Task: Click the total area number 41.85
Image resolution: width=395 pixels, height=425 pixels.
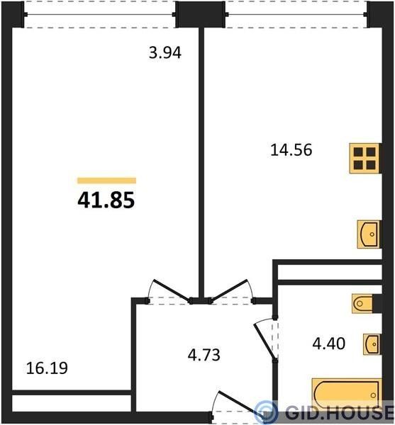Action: pyautogui.click(x=106, y=200)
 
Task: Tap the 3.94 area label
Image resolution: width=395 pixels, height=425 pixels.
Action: pyautogui.click(x=165, y=52)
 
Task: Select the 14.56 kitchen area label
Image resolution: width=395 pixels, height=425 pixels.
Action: pyautogui.click(x=291, y=150)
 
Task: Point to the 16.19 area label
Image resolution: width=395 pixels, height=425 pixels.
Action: pyautogui.click(x=47, y=368)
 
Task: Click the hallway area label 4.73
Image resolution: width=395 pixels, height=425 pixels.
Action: pyautogui.click(x=204, y=355)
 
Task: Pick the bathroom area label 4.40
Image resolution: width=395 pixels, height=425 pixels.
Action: pyautogui.click(x=329, y=344)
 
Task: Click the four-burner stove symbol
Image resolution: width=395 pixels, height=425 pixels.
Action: pyautogui.click(x=365, y=158)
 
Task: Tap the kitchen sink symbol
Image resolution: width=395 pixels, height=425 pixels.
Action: pyautogui.click(x=368, y=234)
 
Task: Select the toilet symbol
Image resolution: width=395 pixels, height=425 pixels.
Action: pyautogui.click(x=362, y=304)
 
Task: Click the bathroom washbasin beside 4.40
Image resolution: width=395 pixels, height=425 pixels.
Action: pyautogui.click(x=372, y=344)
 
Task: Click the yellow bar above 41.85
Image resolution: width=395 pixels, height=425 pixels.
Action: pyautogui.click(x=106, y=180)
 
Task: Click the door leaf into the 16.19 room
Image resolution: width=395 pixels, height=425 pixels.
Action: pyautogui.click(x=172, y=290)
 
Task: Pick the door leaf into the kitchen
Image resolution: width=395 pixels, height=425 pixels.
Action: pyautogui.click(x=230, y=290)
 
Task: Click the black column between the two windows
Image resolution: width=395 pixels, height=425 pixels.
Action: pyautogui.click(x=201, y=14)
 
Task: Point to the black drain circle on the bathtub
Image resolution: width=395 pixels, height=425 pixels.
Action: pyautogui.click(x=374, y=395)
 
